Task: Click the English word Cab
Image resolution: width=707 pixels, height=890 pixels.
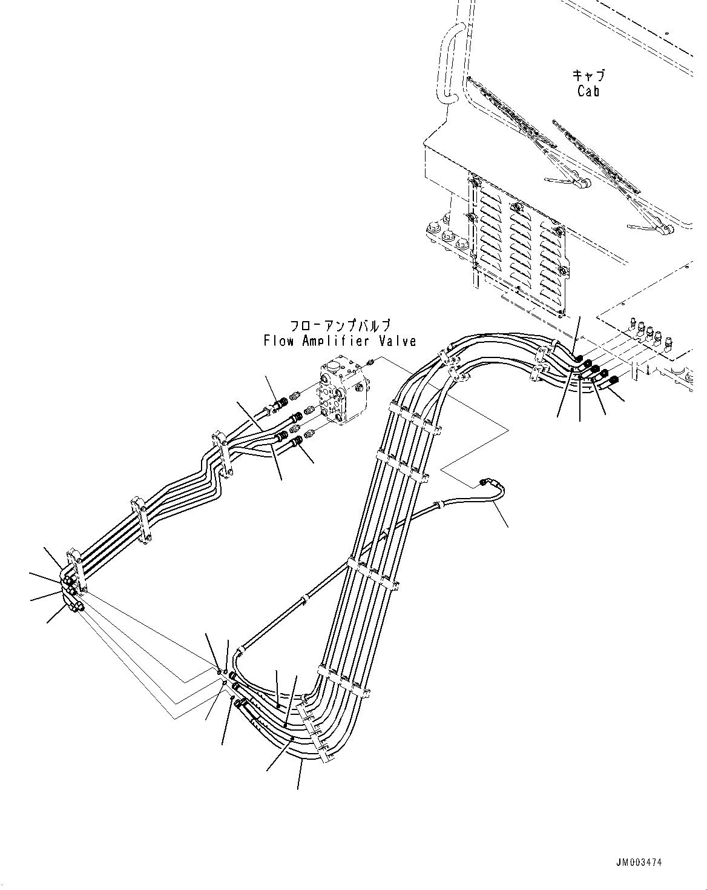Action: click(x=588, y=91)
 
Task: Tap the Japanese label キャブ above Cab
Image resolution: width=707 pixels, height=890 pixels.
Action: click(x=588, y=76)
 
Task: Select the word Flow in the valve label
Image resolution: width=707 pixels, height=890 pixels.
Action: click(x=278, y=341)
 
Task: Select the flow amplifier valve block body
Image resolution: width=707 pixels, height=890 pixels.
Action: click(x=342, y=394)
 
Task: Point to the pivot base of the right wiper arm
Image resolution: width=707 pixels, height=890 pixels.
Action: click(x=665, y=230)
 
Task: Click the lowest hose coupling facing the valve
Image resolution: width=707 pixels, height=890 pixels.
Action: click(x=297, y=445)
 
